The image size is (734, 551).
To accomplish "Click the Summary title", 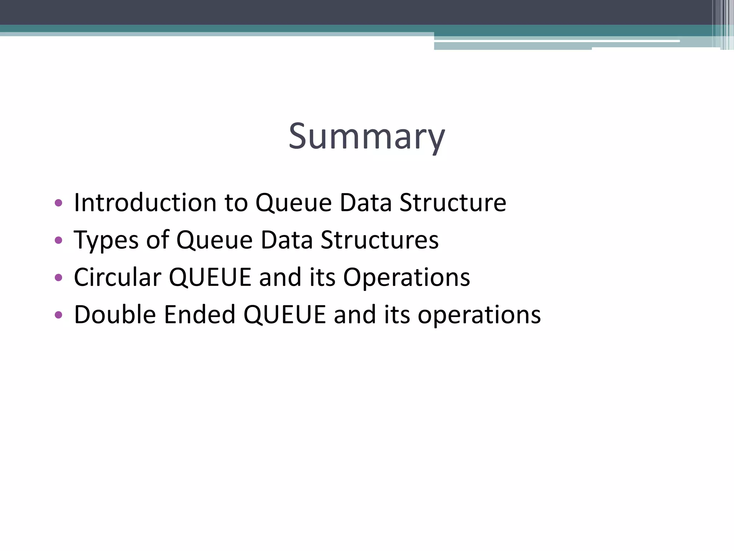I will [367, 137].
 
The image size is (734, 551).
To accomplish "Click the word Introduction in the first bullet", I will [145, 203].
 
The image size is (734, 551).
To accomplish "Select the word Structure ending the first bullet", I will [453, 203].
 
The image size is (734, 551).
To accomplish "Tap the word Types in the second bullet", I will [106, 240].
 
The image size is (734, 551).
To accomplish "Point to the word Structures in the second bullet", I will [380, 240].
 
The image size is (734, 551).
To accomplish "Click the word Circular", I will [118, 277].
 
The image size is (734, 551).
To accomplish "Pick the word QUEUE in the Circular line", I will [210, 277].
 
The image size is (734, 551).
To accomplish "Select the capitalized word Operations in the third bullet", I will [406, 277].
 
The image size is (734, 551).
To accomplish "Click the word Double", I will [115, 315].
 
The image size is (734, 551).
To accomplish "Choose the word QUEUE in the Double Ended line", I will [285, 315].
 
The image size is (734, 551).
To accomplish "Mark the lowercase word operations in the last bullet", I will [479, 315].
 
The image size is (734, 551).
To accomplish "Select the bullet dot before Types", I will [58, 240].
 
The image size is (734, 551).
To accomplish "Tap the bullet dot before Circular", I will [58, 278].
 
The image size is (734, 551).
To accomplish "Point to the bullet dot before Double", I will [58, 315].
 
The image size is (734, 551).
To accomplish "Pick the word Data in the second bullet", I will [287, 240].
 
